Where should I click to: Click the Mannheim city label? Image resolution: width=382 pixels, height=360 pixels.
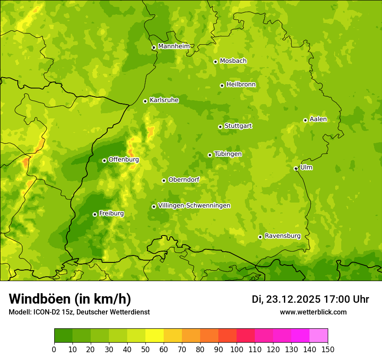[x=174, y=46]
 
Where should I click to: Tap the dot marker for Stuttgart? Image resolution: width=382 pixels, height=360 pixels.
[x=220, y=127]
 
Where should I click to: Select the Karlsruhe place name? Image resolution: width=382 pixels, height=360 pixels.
[x=164, y=100]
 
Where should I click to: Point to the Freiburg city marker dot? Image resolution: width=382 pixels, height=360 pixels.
[x=95, y=214]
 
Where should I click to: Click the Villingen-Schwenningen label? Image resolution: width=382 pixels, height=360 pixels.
[x=194, y=206]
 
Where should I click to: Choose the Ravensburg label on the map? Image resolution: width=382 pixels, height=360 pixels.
[x=283, y=236]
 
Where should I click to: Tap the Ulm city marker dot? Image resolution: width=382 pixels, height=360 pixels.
[x=296, y=168]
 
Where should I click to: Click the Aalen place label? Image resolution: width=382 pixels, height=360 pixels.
[x=318, y=119]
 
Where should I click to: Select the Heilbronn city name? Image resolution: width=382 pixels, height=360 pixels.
[x=241, y=85]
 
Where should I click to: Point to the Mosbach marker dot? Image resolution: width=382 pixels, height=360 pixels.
[x=215, y=62]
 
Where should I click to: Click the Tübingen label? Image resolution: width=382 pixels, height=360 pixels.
[x=228, y=154]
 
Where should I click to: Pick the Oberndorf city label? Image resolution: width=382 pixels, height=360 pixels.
[x=184, y=180]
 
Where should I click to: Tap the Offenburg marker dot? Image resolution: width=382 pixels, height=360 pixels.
[x=104, y=160]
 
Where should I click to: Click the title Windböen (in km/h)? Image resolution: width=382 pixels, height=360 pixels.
[x=70, y=299]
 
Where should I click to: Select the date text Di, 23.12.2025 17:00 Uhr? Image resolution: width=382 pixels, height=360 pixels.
[x=310, y=299]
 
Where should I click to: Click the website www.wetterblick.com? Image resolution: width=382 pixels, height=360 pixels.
[x=313, y=312]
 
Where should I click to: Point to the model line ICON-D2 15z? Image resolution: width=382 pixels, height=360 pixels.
[x=79, y=312]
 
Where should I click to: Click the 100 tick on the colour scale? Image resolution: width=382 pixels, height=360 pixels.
[x=237, y=349]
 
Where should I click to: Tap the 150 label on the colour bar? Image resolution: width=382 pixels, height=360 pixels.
[x=328, y=349]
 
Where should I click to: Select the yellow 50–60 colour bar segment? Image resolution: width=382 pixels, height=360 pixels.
[x=155, y=336]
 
